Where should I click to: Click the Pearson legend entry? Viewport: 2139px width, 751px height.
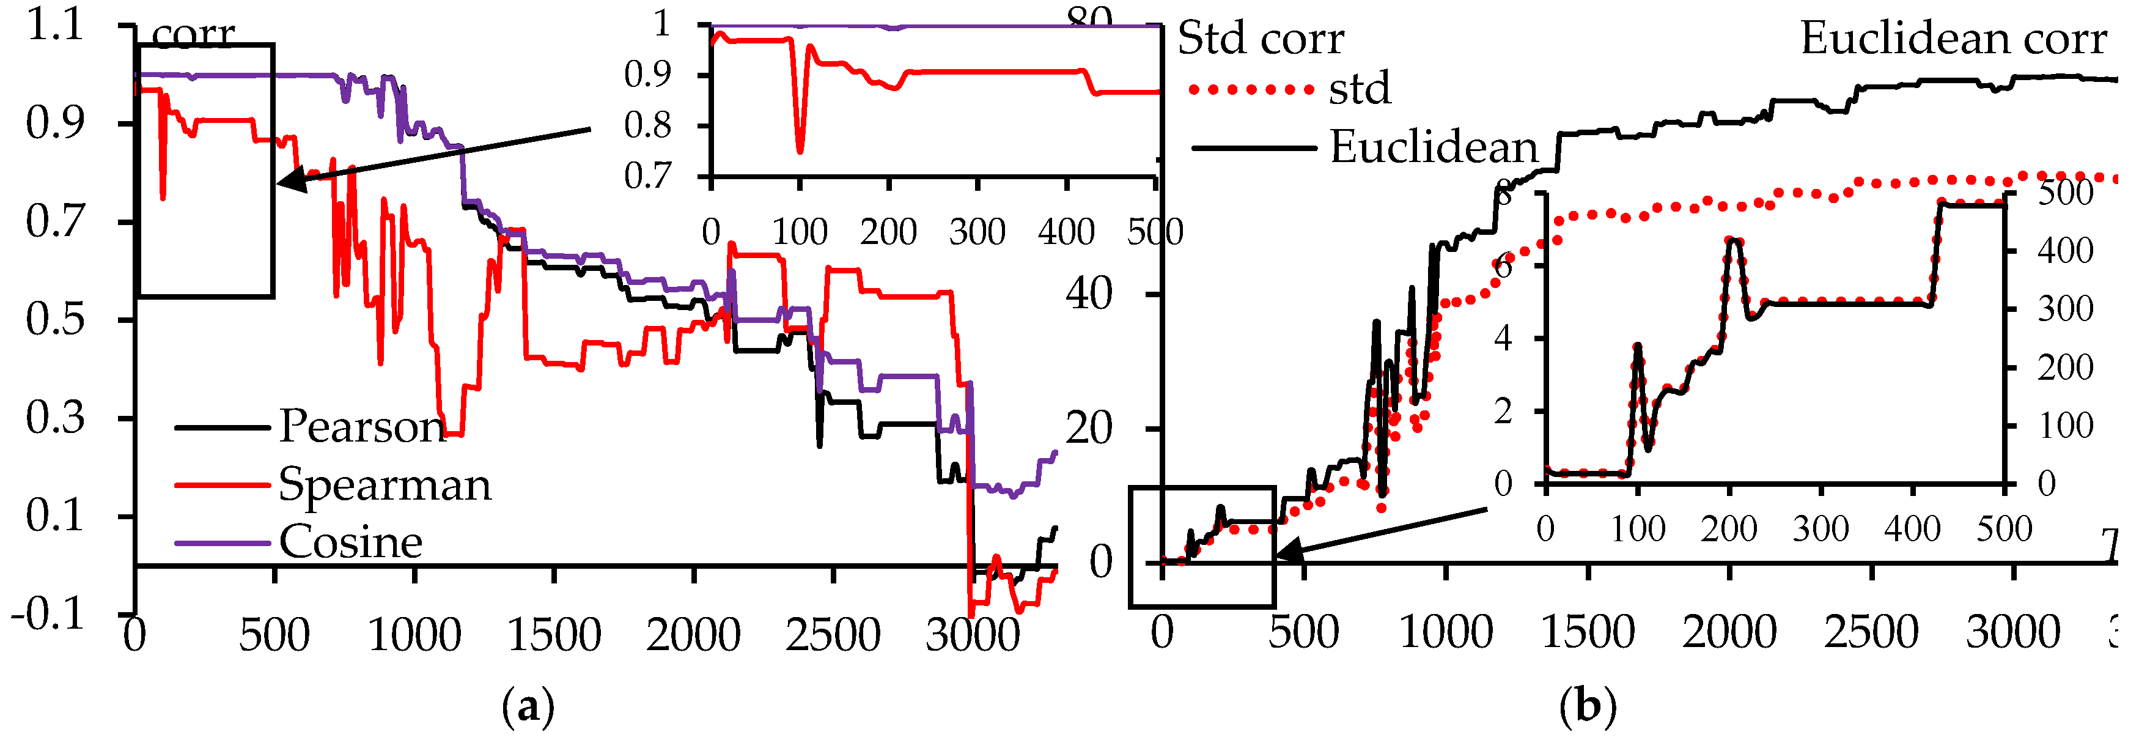coord(362,427)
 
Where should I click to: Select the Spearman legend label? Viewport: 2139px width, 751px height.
coord(385,484)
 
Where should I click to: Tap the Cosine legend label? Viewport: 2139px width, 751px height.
coord(350,542)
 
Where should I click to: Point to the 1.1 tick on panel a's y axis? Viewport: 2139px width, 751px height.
coord(55,25)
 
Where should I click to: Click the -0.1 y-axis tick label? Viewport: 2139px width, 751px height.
coord(48,615)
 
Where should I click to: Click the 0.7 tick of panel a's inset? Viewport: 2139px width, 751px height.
coord(647,176)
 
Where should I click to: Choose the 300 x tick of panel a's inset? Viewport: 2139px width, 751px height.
coord(977,232)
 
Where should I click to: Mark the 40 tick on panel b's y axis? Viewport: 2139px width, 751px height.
coord(1089,294)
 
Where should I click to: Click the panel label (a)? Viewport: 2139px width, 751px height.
coord(528,708)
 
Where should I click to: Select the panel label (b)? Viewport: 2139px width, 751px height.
coord(1588,708)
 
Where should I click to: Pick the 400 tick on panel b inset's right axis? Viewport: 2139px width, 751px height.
coord(2065,251)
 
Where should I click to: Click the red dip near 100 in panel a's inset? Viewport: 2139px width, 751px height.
coord(800,150)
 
